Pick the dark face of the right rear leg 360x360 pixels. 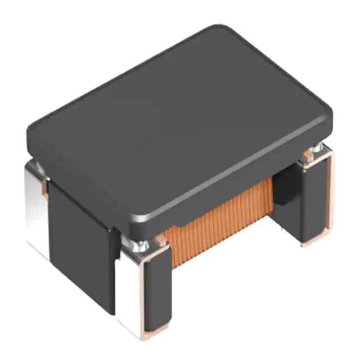point(312,202)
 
